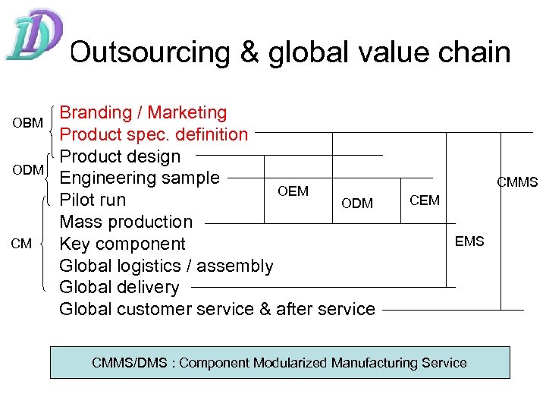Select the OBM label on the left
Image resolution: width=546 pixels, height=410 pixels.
(27, 123)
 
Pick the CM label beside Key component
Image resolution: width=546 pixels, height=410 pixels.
(21, 244)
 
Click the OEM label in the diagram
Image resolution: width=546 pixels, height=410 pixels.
(293, 191)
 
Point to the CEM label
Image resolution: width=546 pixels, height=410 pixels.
(424, 200)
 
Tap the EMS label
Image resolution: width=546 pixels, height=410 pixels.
(469, 241)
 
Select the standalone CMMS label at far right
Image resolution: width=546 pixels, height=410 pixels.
(517, 182)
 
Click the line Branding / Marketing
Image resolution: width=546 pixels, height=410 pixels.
(143, 112)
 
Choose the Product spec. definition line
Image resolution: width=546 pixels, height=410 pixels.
(154, 134)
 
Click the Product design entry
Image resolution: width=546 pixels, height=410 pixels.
(120, 156)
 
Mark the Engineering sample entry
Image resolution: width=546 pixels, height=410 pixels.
(140, 178)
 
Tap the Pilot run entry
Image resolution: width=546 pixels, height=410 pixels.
(93, 200)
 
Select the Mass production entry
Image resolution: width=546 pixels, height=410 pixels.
(126, 222)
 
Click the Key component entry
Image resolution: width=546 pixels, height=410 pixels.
(122, 244)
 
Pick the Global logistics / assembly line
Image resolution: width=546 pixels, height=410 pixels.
(166, 266)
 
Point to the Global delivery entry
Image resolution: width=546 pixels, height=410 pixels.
(119, 288)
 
